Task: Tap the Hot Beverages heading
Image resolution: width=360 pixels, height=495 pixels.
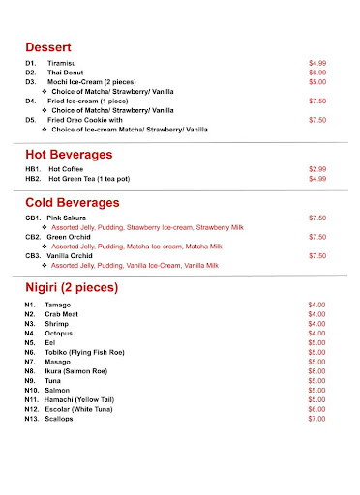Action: click(76, 155)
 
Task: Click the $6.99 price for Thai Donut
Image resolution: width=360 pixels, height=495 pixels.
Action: click(317, 73)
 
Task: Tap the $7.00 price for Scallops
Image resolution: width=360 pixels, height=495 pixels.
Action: click(316, 418)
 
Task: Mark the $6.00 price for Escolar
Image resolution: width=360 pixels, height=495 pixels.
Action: click(316, 408)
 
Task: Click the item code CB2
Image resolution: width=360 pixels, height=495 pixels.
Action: click(33, 236)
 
